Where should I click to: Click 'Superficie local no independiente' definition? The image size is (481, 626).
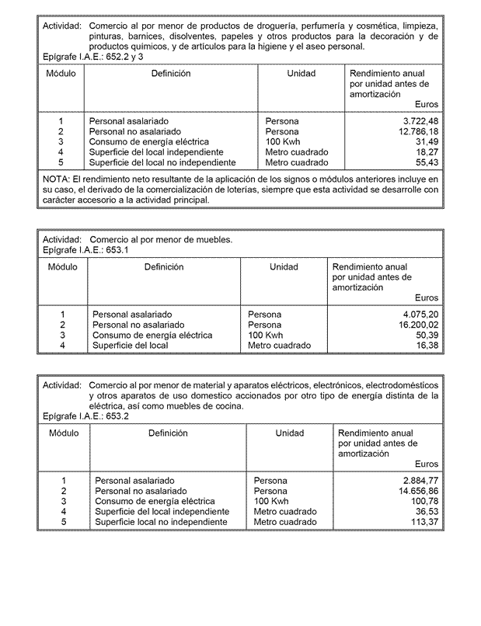162,523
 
